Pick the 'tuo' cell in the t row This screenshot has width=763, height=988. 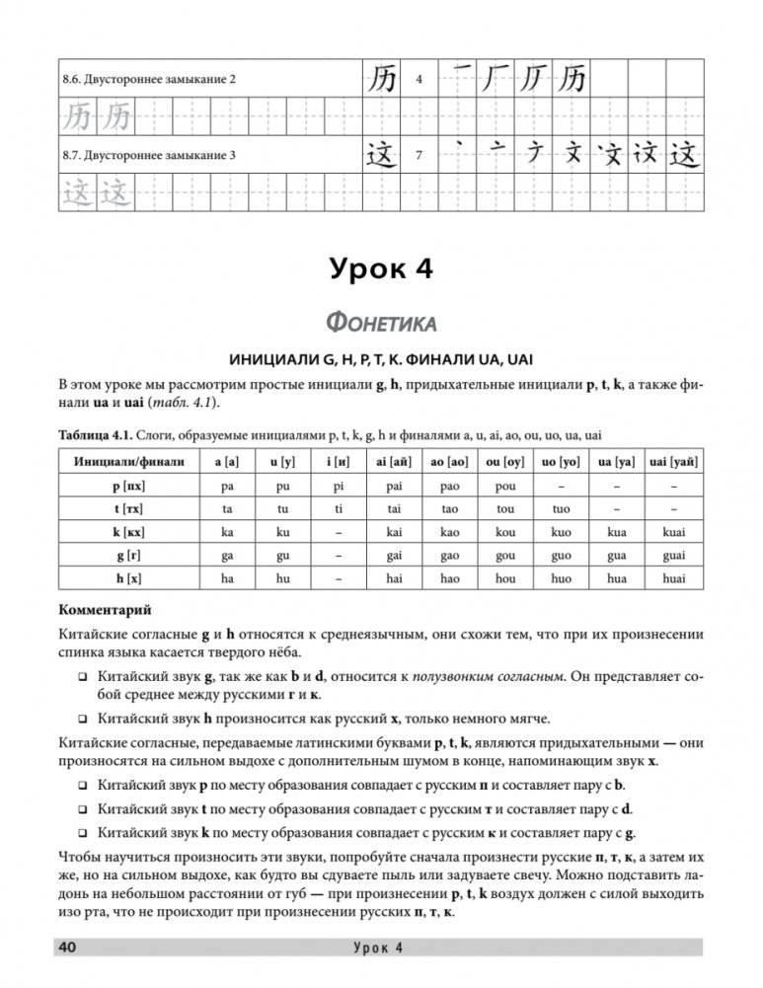click(556, 507)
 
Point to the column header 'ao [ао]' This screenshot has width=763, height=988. click(444, 461)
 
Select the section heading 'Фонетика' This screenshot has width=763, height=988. click(381, 322)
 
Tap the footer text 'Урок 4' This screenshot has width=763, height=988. click(380, 949)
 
